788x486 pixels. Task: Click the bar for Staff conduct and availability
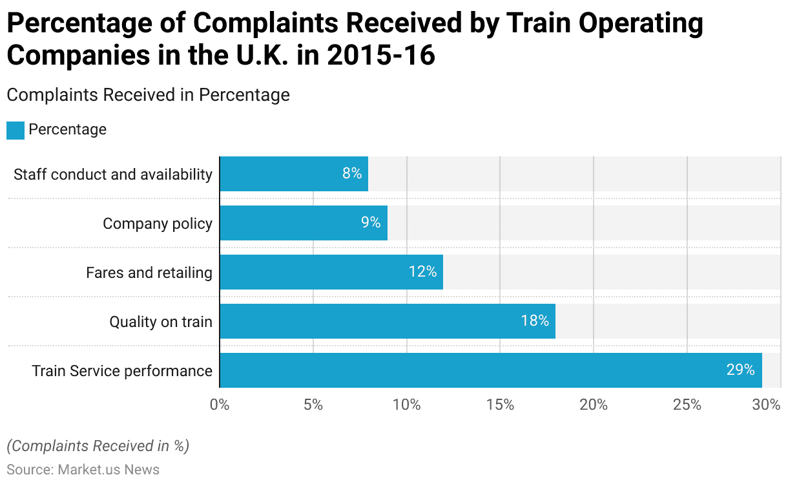point(294,174)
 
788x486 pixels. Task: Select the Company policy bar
point(304,223)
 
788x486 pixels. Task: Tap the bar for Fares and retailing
point(331,272)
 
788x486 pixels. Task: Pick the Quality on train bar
point(388,321)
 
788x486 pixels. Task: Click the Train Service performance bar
point(491,370)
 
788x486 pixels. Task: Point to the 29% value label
point(740,370)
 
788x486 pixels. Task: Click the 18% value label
point(535,321)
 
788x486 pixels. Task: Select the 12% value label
point(423,272)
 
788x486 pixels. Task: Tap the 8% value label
point(352,174)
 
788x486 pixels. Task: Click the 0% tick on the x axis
point(220,405)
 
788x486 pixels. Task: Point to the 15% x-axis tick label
point(501,405)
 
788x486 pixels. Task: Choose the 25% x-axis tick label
point(687,405)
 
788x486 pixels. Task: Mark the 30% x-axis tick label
point(767,405)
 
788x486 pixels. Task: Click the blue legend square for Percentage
point(16,130)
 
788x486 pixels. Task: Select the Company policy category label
point(158,224)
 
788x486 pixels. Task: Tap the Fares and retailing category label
point(149,273)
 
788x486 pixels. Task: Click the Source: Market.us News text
point(83,470)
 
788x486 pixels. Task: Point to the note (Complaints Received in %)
point(98,446)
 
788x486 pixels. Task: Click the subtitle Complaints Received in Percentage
point(148,95)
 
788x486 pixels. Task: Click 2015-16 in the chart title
point(381,56)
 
